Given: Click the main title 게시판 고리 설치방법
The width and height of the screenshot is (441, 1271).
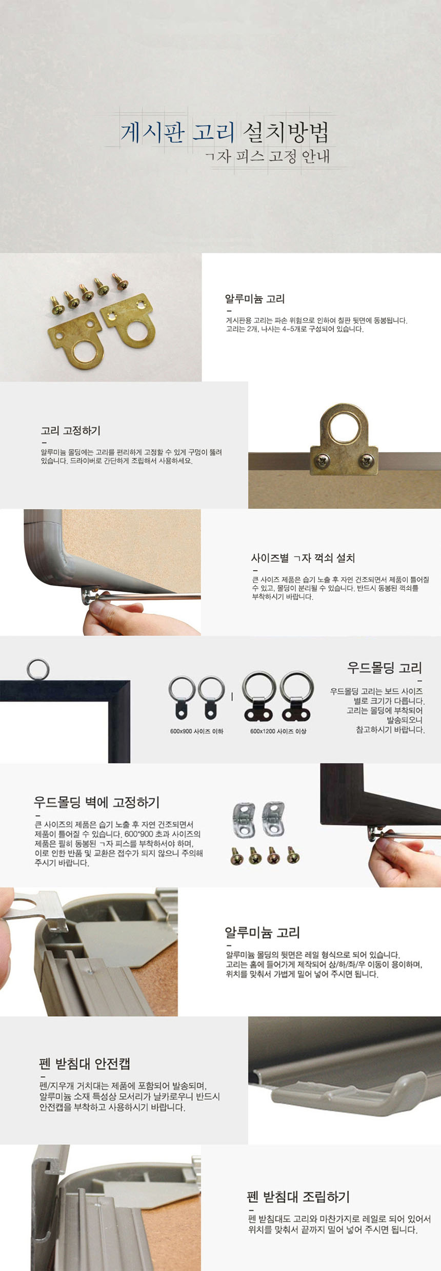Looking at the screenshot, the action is point(224,132).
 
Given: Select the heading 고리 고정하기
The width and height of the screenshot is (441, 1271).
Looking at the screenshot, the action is point(71,431).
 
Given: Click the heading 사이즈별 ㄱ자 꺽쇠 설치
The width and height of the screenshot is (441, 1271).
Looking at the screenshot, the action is point(303,558).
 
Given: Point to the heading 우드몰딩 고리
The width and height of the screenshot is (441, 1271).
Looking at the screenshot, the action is point(385,668).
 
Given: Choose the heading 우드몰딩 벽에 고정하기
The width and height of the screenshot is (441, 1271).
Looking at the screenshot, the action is point(97,802).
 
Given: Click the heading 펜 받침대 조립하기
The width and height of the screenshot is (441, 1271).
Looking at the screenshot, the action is point(298,1197).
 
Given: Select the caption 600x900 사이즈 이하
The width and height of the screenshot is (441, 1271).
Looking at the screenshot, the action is point(197,731).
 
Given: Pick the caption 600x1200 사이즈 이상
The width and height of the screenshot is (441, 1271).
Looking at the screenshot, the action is point(278,731).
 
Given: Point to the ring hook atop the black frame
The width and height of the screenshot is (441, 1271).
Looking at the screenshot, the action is point(38,670).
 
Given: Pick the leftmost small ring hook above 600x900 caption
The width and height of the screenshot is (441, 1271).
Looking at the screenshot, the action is point(182,697).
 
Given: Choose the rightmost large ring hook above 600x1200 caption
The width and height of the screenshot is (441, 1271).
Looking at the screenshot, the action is point(297,696).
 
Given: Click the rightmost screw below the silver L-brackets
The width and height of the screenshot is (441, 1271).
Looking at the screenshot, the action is point(293,855).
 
